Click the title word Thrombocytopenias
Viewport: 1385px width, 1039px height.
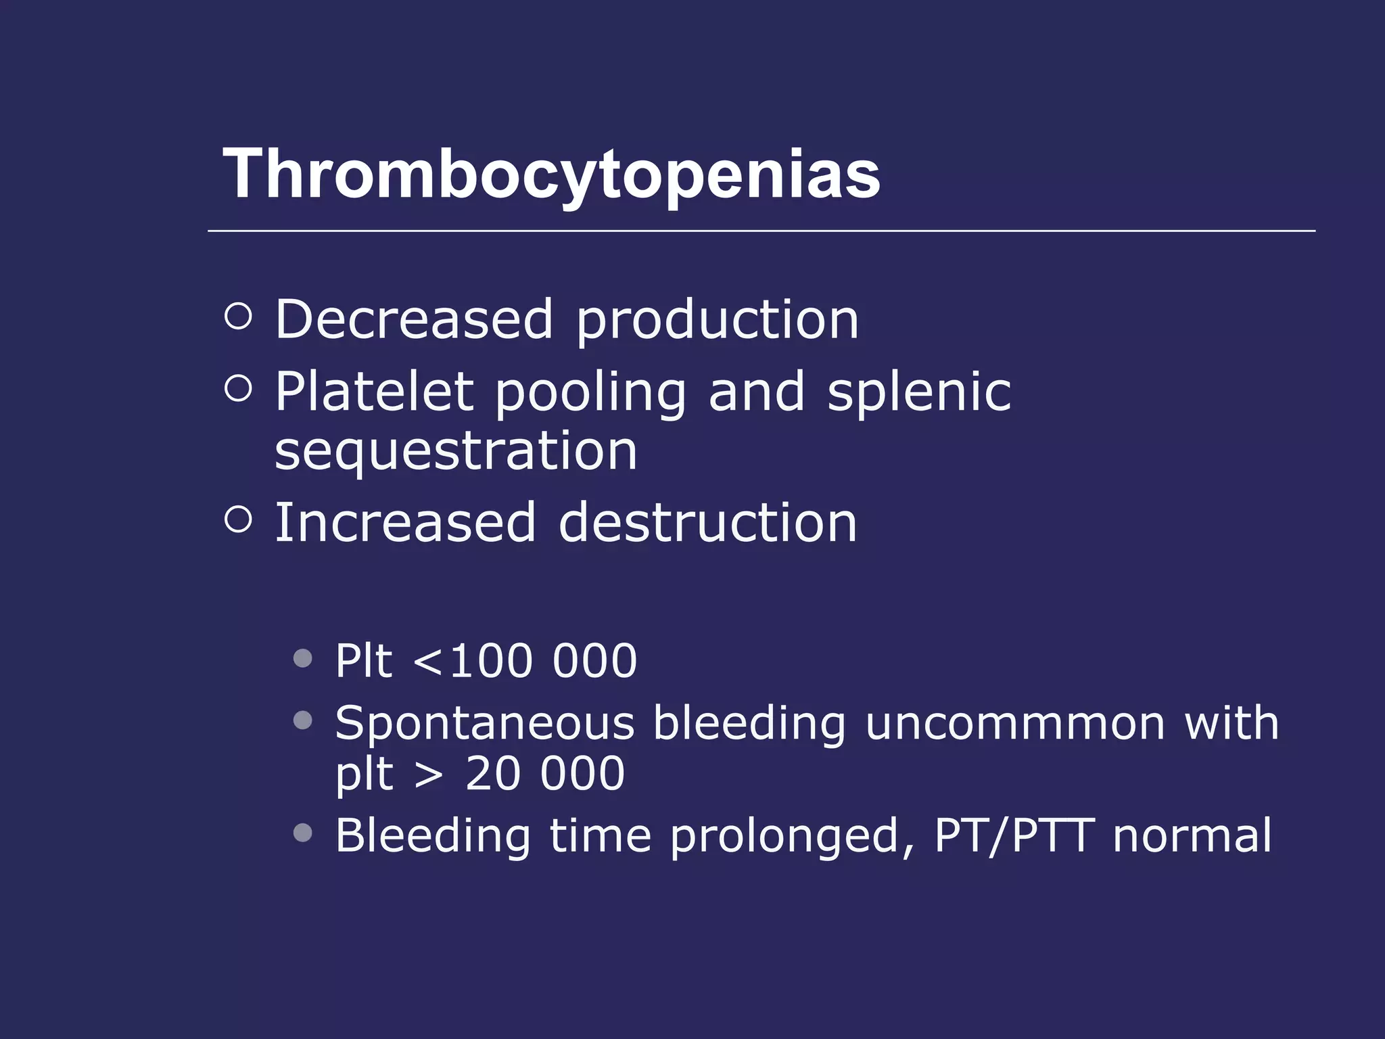point(551,175)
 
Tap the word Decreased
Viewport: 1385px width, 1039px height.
point(414,319)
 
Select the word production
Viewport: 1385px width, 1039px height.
point(718,321)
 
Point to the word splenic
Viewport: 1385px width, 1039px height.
point(919,393)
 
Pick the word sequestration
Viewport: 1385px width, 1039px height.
point(456,451)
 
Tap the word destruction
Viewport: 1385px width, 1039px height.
point(708,523)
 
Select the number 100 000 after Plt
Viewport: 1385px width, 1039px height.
point(543,661)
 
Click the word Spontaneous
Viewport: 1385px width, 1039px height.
point(485,724)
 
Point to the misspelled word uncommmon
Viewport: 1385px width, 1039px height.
point(1015,724)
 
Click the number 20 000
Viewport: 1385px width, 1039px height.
point(545,774)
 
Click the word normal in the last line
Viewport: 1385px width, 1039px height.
point(1192,835)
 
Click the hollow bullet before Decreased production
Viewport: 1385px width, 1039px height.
point(238,316)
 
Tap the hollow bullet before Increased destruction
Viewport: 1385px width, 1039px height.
point(238,519)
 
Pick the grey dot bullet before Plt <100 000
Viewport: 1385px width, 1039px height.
point(303,658)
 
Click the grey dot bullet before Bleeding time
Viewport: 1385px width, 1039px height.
point(303,833)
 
